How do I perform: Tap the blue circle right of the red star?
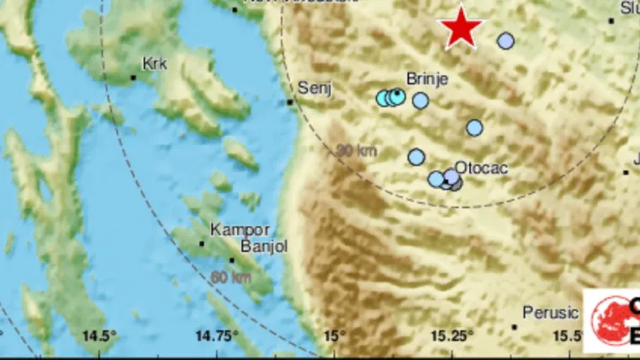(506, 40)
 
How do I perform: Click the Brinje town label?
(427, 79)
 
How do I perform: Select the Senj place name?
(316, 88)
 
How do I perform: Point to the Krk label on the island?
(154, 63)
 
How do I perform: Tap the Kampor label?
(240, 229)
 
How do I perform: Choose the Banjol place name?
(264, 247)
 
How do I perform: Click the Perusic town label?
(551, 313)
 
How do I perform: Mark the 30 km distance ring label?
(356, 152)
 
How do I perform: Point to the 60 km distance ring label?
(232, 277)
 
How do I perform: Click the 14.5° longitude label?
(99, 336)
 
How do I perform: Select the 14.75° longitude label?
(218, 336)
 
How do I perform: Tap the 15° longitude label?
(335, 336)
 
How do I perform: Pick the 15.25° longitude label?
(454, 336)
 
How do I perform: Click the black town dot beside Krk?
(133, 78)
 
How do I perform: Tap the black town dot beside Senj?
(290, 102)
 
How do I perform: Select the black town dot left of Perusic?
(514, 326)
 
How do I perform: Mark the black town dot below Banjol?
(231, 261)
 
